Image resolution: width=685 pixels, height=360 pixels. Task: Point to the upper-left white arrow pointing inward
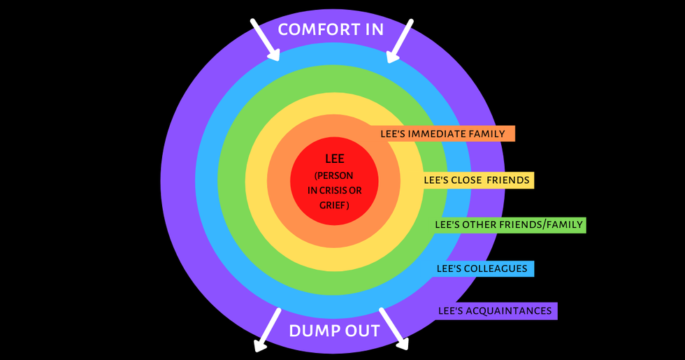point(265,39)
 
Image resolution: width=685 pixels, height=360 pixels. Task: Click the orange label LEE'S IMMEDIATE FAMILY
point(447,134)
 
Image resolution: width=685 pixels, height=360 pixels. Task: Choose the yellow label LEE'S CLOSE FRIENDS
point(477,180)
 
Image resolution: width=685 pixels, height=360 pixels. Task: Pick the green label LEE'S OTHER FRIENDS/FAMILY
point(508,224)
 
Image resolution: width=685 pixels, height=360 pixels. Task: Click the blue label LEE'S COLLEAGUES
point(482,268)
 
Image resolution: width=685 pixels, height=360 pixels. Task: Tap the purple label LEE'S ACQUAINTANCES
point(495,310)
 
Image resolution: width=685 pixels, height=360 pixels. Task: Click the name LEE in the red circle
point(335,159)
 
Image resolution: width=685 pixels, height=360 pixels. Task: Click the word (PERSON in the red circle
point(335,175)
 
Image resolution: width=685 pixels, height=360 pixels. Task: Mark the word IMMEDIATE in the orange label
point(445,134)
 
